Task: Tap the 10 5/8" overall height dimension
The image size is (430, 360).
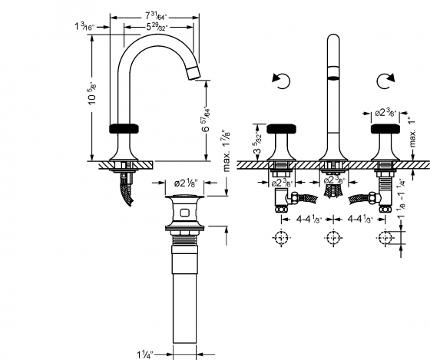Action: (x=93, y=98)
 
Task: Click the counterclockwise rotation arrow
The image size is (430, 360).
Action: (x=279, y=81)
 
